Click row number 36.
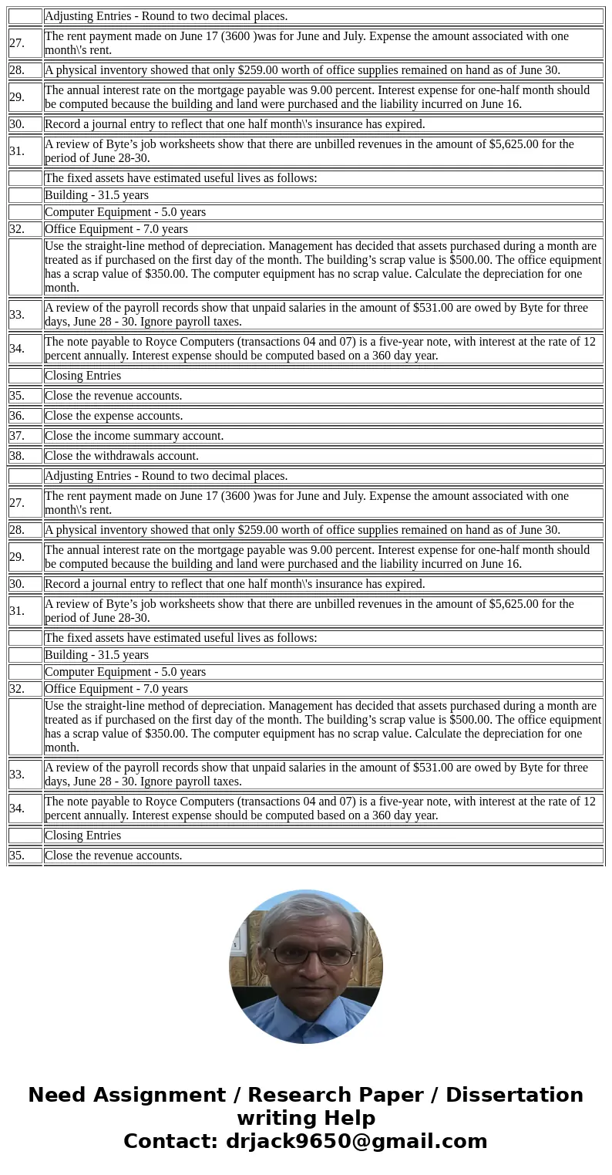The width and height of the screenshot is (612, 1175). pyautogui.click(x=17, y=416)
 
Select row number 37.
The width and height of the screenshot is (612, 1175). pyautogui.click(x=17, y=436)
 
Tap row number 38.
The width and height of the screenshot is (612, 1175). pyautogui.click(x=17, y=456)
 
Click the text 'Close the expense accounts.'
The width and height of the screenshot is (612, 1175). pyautogui.click(x=113, y=416)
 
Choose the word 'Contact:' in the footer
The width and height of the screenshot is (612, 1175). pyautogui.click(x=171, y=1142)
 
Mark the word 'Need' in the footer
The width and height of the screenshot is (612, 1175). pyautogui.click(x=54, y=1096)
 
